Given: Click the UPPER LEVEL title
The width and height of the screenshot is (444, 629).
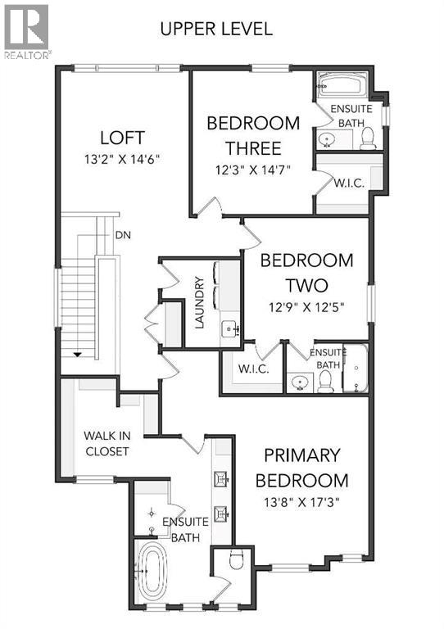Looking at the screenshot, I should tap(215, 29).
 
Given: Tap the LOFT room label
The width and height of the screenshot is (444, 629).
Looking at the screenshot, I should tap(124, 137).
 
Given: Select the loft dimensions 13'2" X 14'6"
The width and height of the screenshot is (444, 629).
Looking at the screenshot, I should tap(124, 159).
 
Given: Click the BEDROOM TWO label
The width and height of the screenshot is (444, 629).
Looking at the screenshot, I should tap(306, 274).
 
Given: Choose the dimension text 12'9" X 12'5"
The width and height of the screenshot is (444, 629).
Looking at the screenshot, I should tap(306, 308).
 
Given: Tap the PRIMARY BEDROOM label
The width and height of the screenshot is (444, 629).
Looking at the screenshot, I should tap(301, 468).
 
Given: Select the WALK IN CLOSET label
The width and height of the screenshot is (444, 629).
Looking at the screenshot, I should tap(106, 443).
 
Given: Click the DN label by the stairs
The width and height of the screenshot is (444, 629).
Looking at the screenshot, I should tap(124, 235).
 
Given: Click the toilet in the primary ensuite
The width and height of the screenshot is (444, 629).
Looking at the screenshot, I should tap(236, 562).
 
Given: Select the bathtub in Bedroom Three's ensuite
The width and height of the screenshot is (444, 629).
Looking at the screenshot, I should tap(343, 85).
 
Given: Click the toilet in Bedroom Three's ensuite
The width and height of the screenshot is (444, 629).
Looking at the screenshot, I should tap(367, 138).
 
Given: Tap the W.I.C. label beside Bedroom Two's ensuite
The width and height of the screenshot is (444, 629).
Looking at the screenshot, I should tap(253, 369).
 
